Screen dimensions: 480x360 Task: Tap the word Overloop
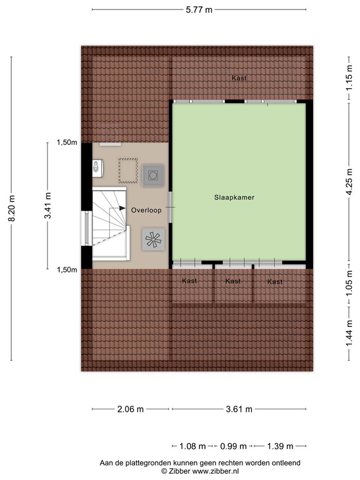pyautogui.click(x=146, y=211)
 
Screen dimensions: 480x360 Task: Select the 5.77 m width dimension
pyautogui.click(x=199, y=9)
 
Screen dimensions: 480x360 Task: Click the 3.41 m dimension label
pyautogui.click(x=47, y=206)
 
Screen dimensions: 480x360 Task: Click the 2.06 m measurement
pyautogui.click(x=130, y=409)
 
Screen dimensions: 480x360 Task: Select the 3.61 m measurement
pyautogui.click(x=239, y=409)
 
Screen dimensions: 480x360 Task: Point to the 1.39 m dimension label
pyautogui.click(x=279, y=446)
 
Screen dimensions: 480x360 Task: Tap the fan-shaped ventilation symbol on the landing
pyautogui.click(x=153, y=239)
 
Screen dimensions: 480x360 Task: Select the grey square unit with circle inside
pyautogui.click(x=153, y=176)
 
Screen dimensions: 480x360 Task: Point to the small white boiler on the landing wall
pyautogui.click(x=97, y=167)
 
